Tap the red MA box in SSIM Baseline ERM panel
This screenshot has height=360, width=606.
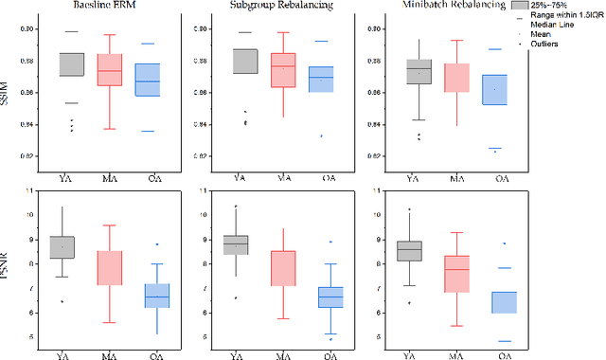point(111,71)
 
